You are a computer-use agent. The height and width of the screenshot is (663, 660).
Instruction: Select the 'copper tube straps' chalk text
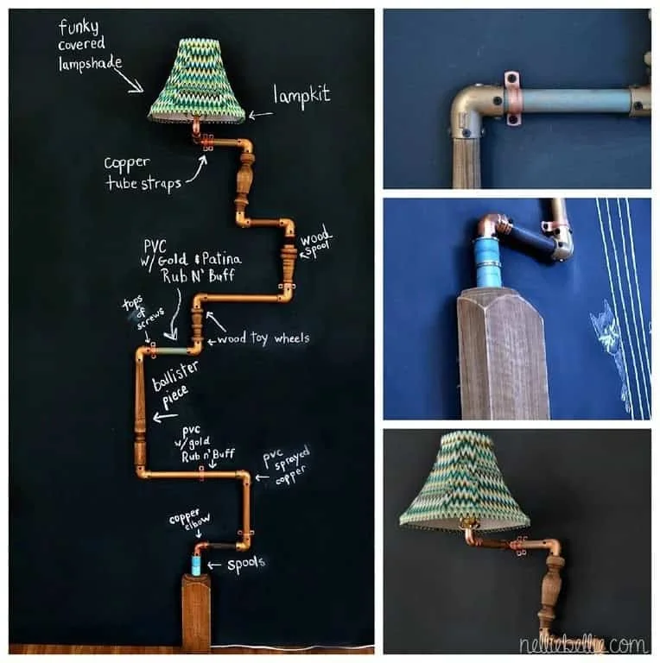coord(137,173)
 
